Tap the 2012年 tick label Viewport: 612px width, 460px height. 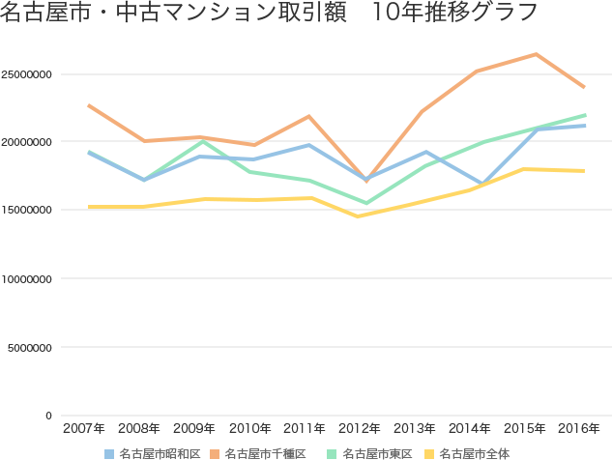(x=359, y=426)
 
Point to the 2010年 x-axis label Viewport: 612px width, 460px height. (x=248, y=426)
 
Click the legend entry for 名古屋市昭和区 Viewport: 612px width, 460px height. (x=160, y=452)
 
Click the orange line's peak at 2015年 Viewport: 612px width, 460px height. (x=536, y=54)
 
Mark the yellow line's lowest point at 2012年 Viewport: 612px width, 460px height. (x=360, y=216)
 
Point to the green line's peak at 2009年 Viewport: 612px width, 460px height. (x=199, y=141)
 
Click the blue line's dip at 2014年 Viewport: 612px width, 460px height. (x=481, y=183)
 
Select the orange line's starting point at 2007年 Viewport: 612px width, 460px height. (x=88, y=104)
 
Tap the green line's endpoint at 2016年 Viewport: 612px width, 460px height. (x=585, y=115)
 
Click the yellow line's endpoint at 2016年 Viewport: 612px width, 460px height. (x=585, y=170)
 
